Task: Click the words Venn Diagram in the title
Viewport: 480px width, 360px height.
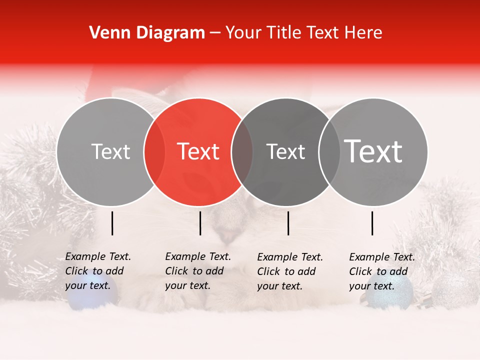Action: coord(147,33)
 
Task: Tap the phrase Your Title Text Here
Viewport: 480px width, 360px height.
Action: coord(303,33)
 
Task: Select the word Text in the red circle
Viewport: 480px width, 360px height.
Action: coord(198,151)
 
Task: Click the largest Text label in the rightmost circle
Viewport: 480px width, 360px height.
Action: coord(373,151)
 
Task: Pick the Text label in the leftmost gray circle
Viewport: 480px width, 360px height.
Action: coord(110,151)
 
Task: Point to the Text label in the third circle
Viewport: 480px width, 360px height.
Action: coord(285,151)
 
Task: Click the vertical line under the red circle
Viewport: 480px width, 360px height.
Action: coord(200,223)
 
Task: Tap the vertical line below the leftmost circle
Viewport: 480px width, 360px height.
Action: coord(112,223)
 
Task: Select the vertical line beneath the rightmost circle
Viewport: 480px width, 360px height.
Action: coord(372,223)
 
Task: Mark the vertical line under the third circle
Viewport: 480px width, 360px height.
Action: coord(288,223)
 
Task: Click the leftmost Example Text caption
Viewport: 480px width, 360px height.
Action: coord(97,271)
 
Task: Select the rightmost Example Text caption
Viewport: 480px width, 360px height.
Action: coord(381,271)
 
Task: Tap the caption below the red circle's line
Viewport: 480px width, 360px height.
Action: coord(197,271)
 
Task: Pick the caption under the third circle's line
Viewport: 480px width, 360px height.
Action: coord(289,271)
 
